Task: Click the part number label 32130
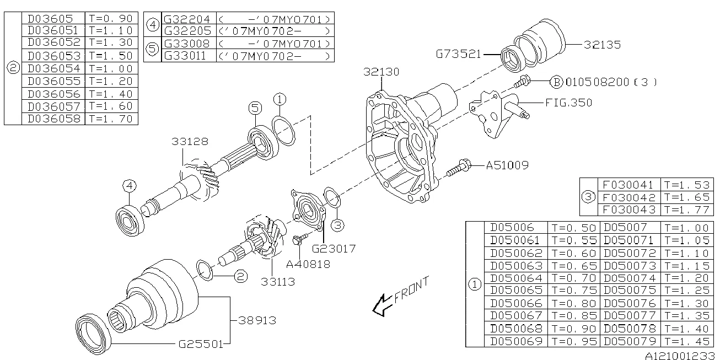click(381, 72)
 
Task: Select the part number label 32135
click(603, 45)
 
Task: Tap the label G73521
click(459, 54)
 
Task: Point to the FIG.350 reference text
click(568, 103)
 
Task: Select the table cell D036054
click(53, 68)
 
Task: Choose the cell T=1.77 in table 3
click(687, 209)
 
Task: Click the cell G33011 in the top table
click(187, 56)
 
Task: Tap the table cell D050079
click(630, 341)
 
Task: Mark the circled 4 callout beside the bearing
click(128, 186)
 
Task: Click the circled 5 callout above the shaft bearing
click(254, 109)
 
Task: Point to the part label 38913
click(257, 320)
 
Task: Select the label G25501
click(201, 344)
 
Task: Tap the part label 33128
click(189, 142)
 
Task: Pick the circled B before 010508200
click(556, 82)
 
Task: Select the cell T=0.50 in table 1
click(573, 228)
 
